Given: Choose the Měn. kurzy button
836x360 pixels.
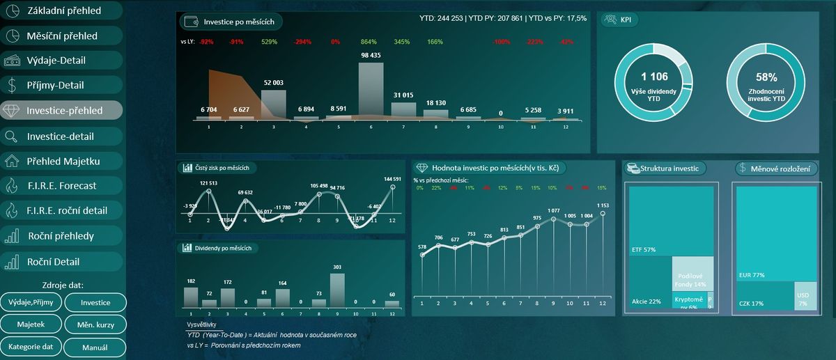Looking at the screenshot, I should coord(95,324).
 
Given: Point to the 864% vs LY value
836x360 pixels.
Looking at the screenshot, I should coord(369,42).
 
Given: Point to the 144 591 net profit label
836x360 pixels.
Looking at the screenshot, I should coord(392,180).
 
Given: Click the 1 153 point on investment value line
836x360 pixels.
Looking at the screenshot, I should coord(603,214).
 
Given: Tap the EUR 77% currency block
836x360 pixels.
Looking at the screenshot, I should coord(775,233).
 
